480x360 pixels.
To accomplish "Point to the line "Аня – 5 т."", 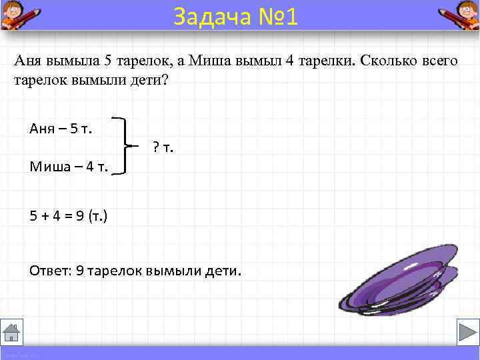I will tap(61, 128).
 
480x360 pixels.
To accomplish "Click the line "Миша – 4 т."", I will tap(69, 166).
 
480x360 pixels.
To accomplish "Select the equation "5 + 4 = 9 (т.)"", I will tap(69, 216).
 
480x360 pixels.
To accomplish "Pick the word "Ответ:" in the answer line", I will tap(51, 271).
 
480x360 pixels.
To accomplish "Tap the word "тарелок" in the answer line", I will tap(114, 271).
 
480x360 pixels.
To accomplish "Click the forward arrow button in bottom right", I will tap(464, 332).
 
